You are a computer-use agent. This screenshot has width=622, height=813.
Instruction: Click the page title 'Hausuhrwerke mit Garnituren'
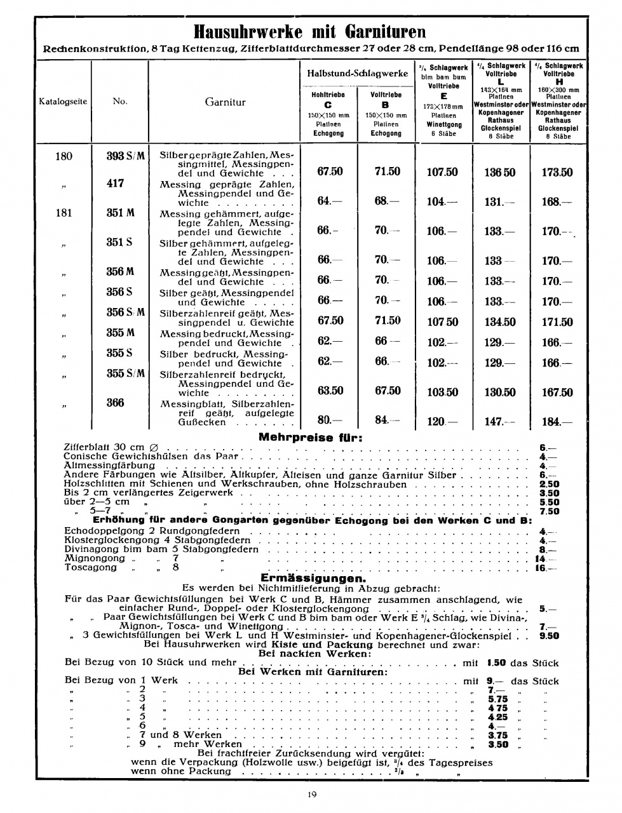coord(310,31)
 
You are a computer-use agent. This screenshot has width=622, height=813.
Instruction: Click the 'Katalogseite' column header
coord(63,102)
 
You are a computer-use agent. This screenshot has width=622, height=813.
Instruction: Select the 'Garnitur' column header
coord(225,102)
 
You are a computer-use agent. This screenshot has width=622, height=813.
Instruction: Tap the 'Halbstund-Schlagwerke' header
coord(358,74)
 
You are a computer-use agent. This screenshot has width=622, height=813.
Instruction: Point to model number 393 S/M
coord(125,156)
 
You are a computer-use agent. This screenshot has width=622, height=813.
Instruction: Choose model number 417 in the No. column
coord(116,184)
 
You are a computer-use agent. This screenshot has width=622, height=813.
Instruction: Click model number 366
coord(116,403)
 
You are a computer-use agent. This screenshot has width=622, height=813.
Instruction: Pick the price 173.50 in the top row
coord(557,172)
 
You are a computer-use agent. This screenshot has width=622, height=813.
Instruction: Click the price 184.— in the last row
coord(557,421)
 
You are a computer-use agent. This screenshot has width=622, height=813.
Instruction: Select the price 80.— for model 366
coord(330,419)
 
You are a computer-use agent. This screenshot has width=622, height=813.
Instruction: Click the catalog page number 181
coord(64,213)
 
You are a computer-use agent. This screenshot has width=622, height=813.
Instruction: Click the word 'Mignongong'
coord(95,558)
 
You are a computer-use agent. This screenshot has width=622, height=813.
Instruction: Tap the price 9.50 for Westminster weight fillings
coord(549,635)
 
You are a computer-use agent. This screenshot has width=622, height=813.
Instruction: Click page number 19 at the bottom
coord(311,794)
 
